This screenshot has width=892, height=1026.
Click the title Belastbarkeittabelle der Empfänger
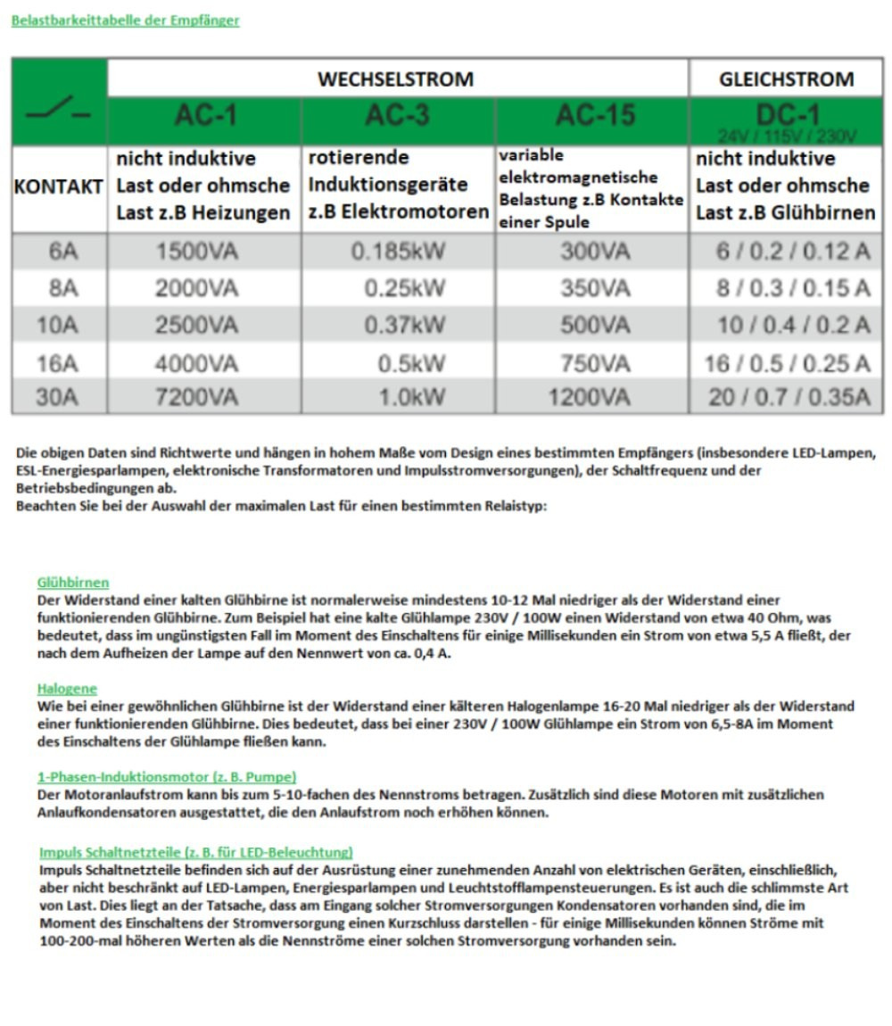125,21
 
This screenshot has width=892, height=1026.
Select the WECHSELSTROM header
395,79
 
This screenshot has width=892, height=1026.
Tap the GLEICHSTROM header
786,79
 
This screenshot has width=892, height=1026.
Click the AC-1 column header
205,116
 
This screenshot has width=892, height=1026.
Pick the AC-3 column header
398,116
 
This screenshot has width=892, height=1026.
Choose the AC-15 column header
593,116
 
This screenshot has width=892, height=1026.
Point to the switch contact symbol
59,113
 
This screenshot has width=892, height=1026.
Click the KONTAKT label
59,187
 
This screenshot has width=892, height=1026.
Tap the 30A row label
59,397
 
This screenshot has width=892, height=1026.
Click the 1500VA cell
196,252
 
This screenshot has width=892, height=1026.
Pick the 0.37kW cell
404,325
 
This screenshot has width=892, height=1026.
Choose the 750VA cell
595,363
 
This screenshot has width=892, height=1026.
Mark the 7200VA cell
196,397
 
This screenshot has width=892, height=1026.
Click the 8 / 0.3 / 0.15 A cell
792,288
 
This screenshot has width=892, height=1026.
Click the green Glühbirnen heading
73,583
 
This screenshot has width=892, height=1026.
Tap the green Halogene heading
67,689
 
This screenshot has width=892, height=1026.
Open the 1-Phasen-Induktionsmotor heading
167,777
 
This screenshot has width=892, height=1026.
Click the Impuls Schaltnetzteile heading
196,852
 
